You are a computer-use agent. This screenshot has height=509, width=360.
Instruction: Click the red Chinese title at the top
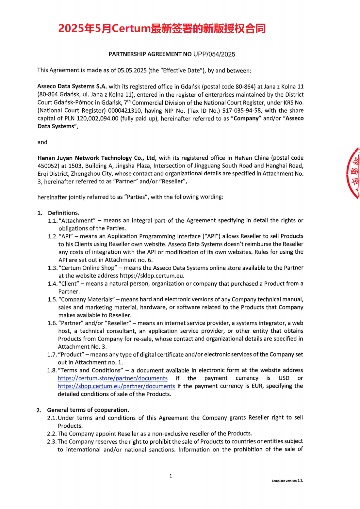(162, 29)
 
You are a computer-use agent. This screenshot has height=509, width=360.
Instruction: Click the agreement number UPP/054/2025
(214, 54)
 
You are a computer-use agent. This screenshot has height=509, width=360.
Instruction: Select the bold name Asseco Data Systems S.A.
(72, 87)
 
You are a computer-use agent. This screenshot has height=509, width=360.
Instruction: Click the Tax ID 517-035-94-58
(241, 111)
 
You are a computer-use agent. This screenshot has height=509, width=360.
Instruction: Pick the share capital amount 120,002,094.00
(97, 119)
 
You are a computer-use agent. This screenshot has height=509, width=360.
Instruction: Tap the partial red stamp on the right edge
(353, 173)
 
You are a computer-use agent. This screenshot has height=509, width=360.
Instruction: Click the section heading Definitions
(63, 213)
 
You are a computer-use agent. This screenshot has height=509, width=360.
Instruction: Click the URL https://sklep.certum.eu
(152, 276)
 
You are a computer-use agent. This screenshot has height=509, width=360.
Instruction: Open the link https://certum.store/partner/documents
(113, 378)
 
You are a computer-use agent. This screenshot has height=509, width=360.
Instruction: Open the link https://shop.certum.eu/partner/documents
(116, 386)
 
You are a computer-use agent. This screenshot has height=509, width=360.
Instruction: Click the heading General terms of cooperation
(88, 410)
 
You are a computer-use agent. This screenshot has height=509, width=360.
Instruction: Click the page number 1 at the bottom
(171, 476)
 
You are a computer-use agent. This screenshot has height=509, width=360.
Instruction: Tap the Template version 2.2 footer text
(287, 481)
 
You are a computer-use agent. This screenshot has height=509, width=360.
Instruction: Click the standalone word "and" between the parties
(42, 142)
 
